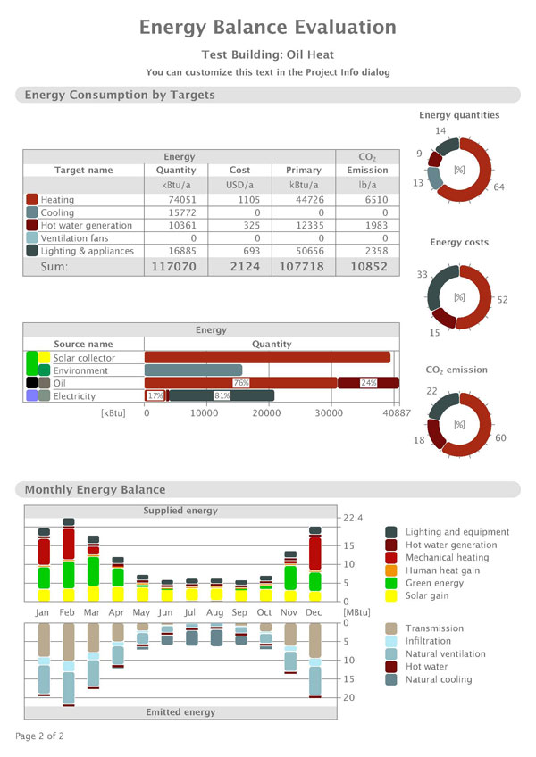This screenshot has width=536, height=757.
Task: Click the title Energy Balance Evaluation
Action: pos(267,28)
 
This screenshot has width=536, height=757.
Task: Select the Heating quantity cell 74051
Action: pos(175,200)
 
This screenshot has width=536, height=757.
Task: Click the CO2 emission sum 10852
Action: pos(367,266)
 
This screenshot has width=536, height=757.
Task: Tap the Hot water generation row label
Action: pos(86,226)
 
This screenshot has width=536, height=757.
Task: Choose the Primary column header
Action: pos(304,170)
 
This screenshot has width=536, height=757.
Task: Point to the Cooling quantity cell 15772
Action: pos(175,213)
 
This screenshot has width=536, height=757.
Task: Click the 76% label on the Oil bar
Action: pos(241,383)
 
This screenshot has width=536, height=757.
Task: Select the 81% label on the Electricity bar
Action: pos(222,396)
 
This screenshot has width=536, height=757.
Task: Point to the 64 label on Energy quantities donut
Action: pos(498,187)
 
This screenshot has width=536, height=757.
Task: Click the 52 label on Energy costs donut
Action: pos(502,300)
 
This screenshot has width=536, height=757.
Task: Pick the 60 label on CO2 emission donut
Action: pos(500,438)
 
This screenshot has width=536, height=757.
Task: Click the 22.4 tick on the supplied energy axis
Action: pos(353,518)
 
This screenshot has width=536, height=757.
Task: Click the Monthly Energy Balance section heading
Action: pos(95,489)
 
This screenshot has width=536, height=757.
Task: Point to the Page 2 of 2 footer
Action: pos(39,736)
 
